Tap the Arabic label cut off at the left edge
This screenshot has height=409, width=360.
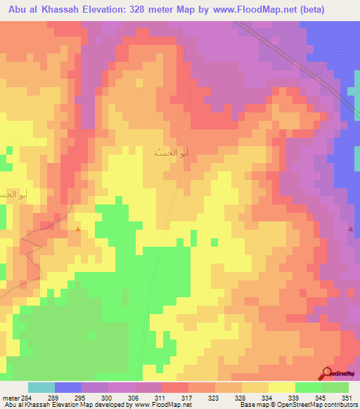click(x=11, y=194)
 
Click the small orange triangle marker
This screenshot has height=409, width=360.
click(x=77, y=228)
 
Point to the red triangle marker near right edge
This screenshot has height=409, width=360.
click(x=350, y=229)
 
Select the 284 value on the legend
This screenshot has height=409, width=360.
click(x=27, y=397)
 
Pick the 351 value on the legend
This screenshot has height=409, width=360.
click(x=347, y=397)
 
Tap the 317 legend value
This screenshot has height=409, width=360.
click(x=186, y=397)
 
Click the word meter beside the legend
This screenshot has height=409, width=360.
click(x=10, y=397)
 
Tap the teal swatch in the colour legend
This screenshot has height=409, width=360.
click(x=41, y=387)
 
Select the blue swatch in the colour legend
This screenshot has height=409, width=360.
click(x=67, y=387)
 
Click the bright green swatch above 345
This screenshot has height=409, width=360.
click(x=308, y=387)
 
